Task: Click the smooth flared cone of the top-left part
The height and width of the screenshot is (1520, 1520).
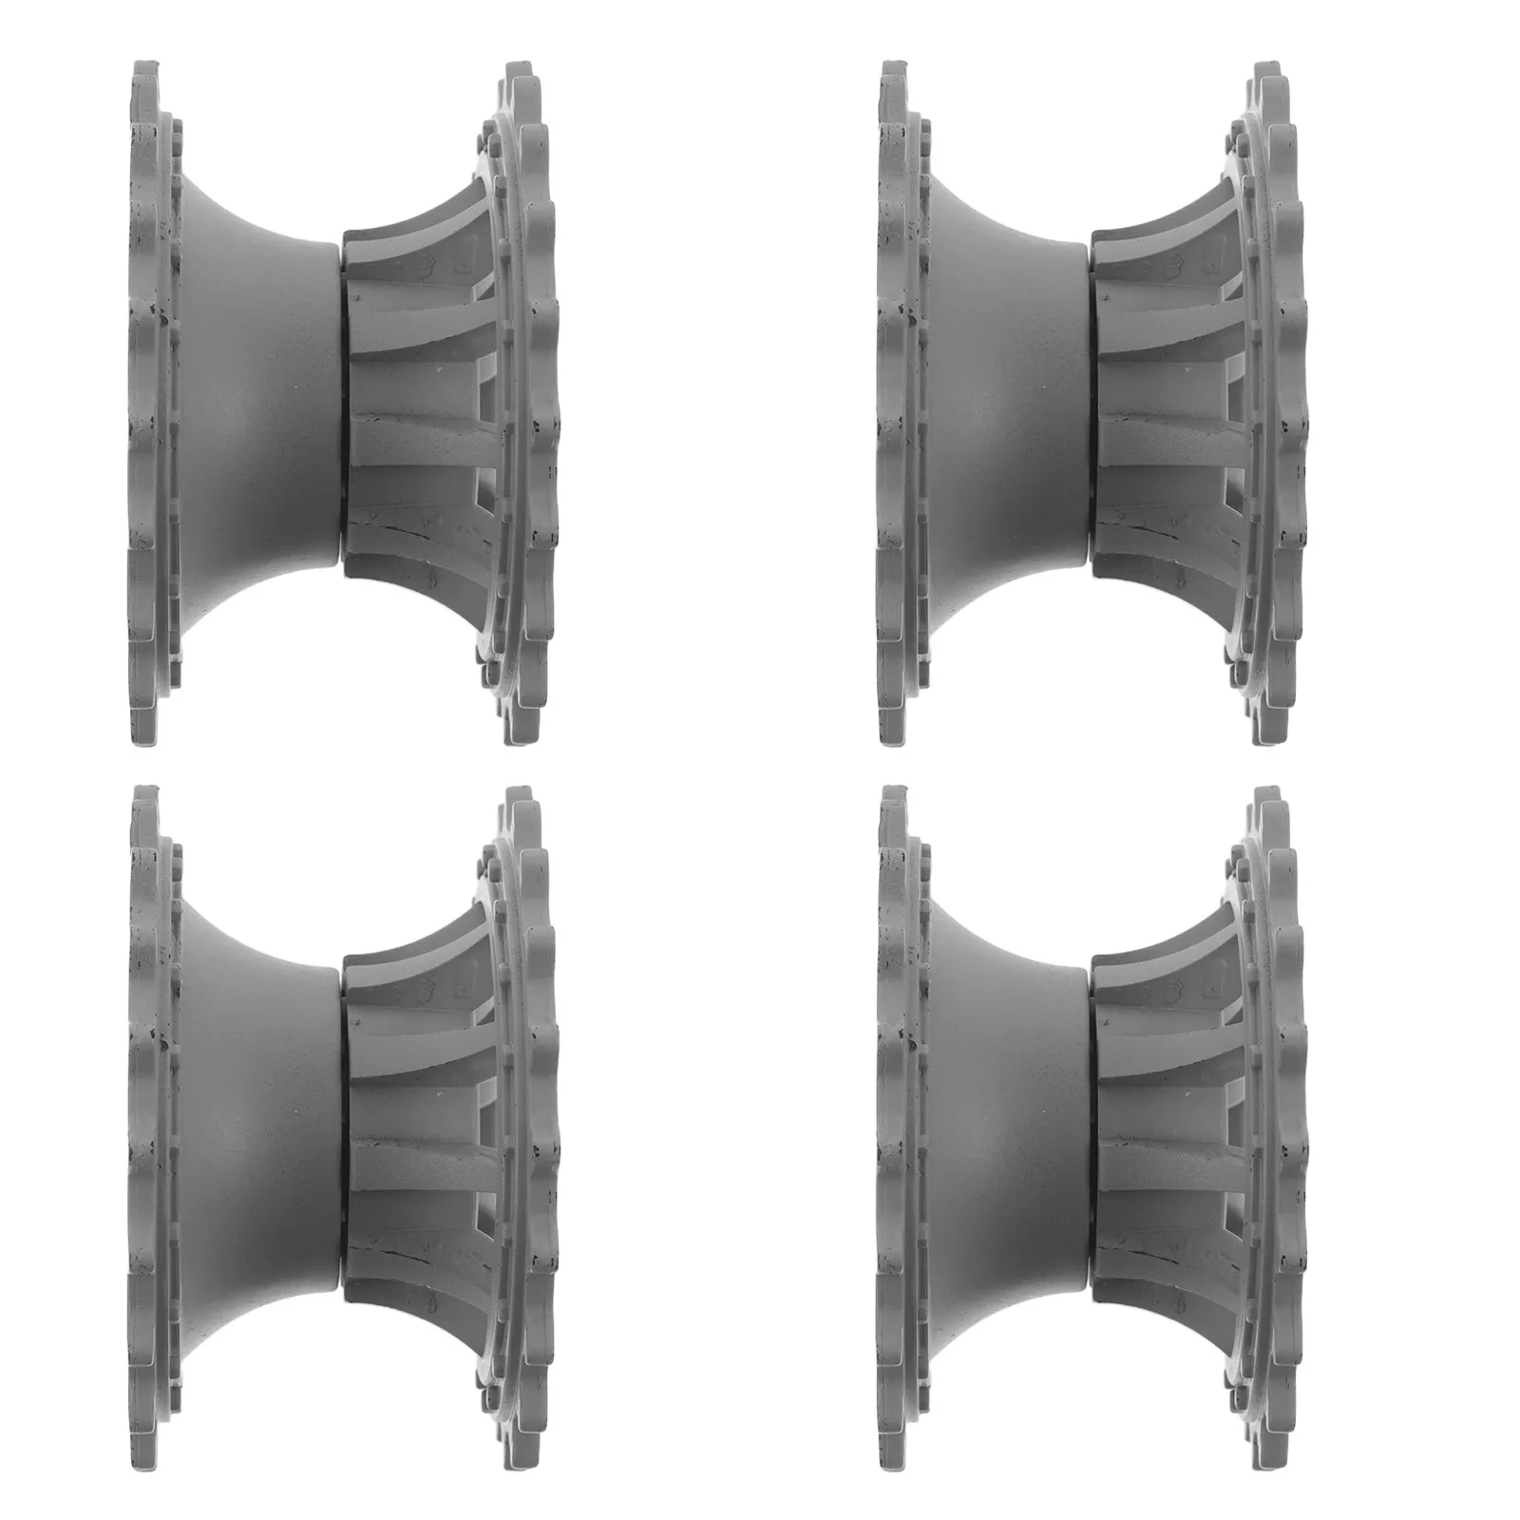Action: point(256,404)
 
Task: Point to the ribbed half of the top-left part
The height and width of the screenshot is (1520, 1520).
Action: point(418,404)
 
